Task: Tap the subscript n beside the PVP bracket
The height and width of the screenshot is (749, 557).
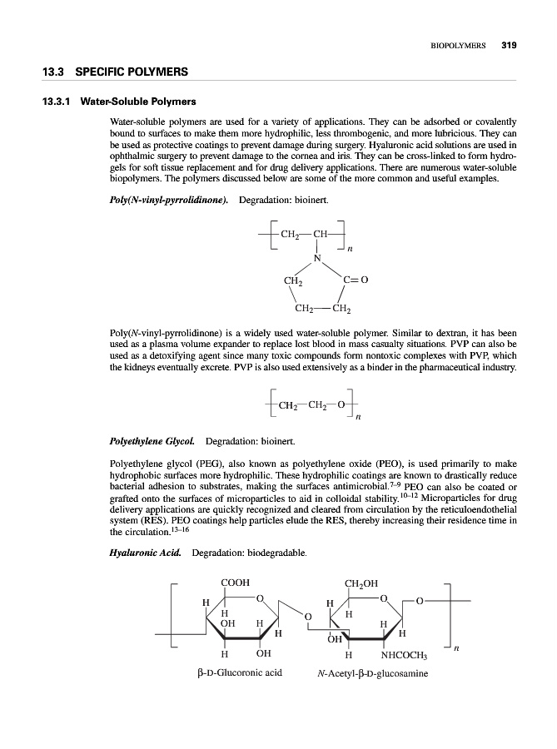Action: tap(350, 248)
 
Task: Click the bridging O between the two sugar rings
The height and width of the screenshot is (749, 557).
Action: tap(306, 616)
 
